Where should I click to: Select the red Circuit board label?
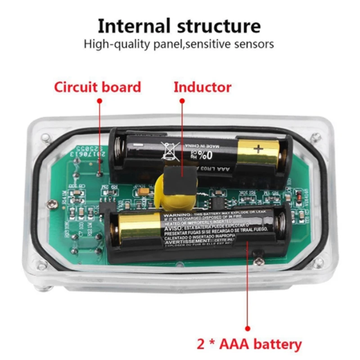(98, 87)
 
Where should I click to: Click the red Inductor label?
(202, 87)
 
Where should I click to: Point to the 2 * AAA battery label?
(249, 345)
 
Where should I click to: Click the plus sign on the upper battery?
(258, 149)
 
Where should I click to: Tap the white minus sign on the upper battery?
(140, 145)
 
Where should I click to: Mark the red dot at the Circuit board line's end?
(99, 102)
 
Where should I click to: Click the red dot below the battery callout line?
(247, 328)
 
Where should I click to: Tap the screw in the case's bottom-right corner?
(318, 263)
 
